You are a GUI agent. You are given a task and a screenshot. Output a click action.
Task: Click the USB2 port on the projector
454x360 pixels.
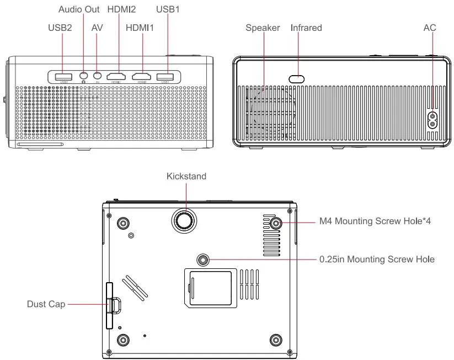62,76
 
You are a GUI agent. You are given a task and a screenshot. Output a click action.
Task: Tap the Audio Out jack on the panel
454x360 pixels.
83,76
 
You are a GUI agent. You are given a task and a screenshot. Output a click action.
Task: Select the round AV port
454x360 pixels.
98,76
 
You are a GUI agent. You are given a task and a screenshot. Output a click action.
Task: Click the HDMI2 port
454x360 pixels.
116,77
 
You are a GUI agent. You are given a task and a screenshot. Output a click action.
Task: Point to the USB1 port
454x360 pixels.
165,77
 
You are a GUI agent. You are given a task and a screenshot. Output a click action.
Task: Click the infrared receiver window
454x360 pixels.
297,78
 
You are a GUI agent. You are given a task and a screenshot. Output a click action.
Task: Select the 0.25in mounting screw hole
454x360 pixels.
204,259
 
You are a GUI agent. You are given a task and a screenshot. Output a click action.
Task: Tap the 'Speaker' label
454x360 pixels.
263,28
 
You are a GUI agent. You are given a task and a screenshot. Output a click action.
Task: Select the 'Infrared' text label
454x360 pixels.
306,28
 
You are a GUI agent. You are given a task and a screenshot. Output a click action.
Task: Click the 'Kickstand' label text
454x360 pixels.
186,177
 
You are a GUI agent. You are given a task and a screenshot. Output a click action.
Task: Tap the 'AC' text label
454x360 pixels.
430,28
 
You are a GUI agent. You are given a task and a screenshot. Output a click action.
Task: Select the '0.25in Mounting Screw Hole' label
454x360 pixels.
377,259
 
